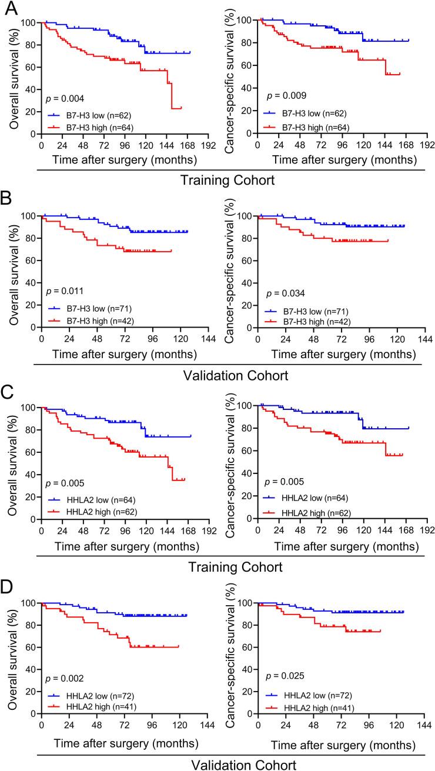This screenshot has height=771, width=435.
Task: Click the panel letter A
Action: (x=8, y=7)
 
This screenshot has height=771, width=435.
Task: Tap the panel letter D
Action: (x=8, y=586)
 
